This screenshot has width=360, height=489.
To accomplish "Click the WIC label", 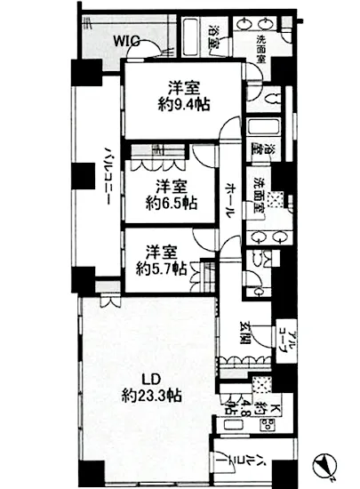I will click(126, 38).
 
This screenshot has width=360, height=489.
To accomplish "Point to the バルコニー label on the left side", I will click(104, 173).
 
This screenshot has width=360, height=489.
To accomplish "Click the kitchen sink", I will click(263, 384).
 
